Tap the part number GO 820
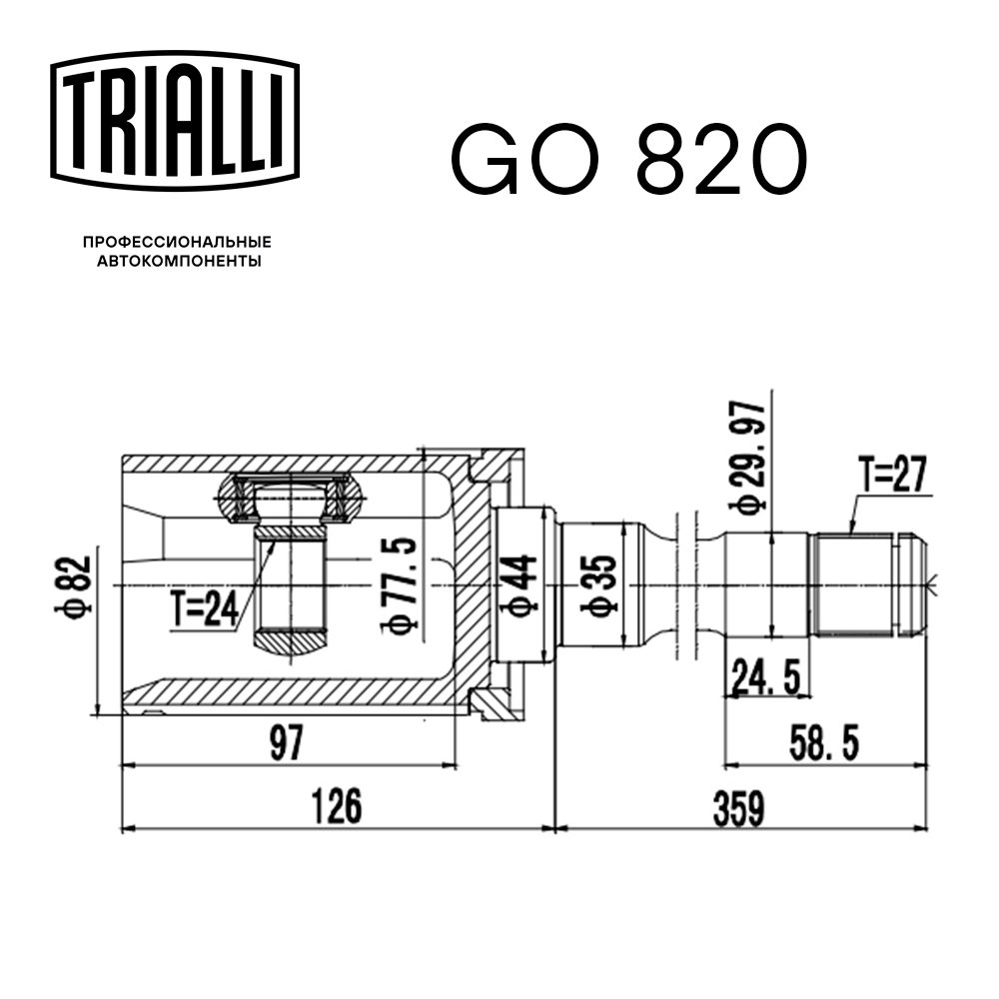pyautogui.click(x=628, y=160)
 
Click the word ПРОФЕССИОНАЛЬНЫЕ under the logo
pyautogui.click(x=177, y=243)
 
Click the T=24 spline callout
pyautogui.click(x=204, y=608)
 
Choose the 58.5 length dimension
pyautogui.click(x=824, y=742)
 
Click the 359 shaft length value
pyautogui.click(x=738, y=806)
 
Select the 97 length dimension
pyautogui.click(x=286, y=743)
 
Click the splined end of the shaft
pyautogui.click(x=864, y=584)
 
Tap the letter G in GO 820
pyautogui.click(x=486, y=160)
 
